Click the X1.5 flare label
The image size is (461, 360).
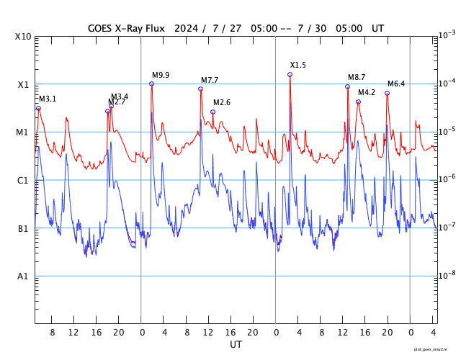[297, 65]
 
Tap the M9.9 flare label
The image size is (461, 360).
[161, 75]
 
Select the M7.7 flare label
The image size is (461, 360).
[210, 80]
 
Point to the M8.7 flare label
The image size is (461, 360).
[357, 77]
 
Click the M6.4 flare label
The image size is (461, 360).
[396, 84]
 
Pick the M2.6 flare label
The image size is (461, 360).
[222, 102]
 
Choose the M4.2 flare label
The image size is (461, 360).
[367, 92]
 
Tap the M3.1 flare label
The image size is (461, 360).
[48, 99]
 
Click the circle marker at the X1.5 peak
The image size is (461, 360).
[290, 74]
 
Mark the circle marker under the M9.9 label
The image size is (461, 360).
[151, 84]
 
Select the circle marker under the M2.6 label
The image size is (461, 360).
[212, 112]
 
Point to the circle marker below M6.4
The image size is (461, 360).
[387, 93]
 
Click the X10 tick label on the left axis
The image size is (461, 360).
[23, 37]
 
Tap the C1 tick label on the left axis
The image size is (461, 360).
[23, 181]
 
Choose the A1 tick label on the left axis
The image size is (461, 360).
[23, 276]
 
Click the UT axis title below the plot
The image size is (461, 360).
[236, 345]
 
